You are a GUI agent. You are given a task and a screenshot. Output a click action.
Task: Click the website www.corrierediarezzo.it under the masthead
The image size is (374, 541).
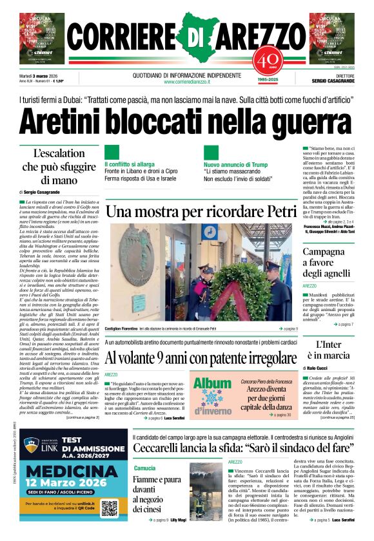point(187,82)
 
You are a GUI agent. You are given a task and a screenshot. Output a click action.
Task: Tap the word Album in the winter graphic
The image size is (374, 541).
point(212,384)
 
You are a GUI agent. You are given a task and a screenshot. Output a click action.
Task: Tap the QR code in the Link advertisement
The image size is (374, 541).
point(109,508)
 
